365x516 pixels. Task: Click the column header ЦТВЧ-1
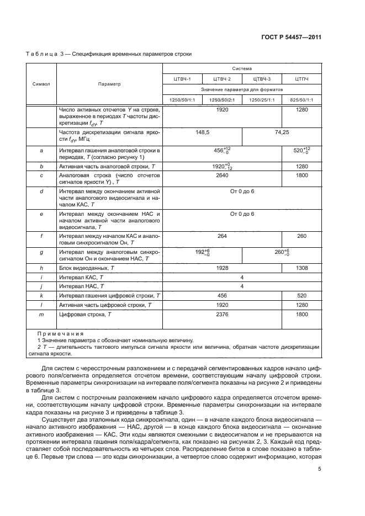182,78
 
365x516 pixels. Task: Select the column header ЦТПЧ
301,78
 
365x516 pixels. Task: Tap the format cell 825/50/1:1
301,99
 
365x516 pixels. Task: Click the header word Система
241,68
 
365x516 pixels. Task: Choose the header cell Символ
41,84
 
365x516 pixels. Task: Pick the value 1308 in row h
301,267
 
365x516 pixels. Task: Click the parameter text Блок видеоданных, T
86,267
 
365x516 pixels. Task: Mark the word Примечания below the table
60,333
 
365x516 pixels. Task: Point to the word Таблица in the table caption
41,54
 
